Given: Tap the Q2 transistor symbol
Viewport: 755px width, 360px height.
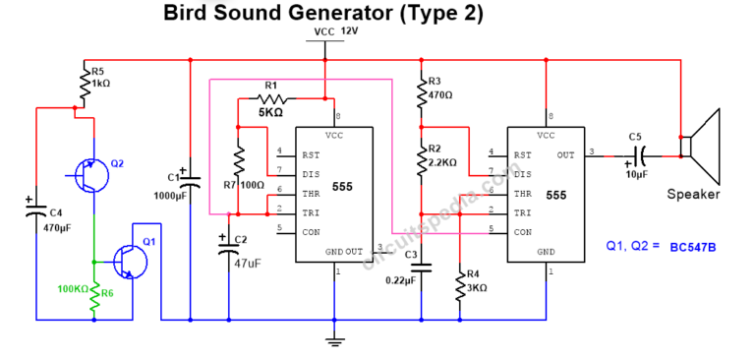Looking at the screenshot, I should click(x=90, y=175).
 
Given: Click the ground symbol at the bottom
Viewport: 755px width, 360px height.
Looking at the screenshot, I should click(x=334, y=341).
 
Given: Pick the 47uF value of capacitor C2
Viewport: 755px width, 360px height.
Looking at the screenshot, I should click(x=249, y=264).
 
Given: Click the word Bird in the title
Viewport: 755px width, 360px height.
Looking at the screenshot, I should click(x=190, y=13).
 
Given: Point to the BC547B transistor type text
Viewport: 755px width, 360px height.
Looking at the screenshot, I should click(x=692, y=246).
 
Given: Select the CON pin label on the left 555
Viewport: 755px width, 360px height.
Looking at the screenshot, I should click(x=312, y=230).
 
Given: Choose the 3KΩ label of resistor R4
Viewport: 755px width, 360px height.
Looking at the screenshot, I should click(x=479, y=287).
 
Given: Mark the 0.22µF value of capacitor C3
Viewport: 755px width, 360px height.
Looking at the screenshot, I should click(x=399, y=280).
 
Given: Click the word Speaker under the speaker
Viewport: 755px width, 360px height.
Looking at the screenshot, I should click(x=693, y=194).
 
